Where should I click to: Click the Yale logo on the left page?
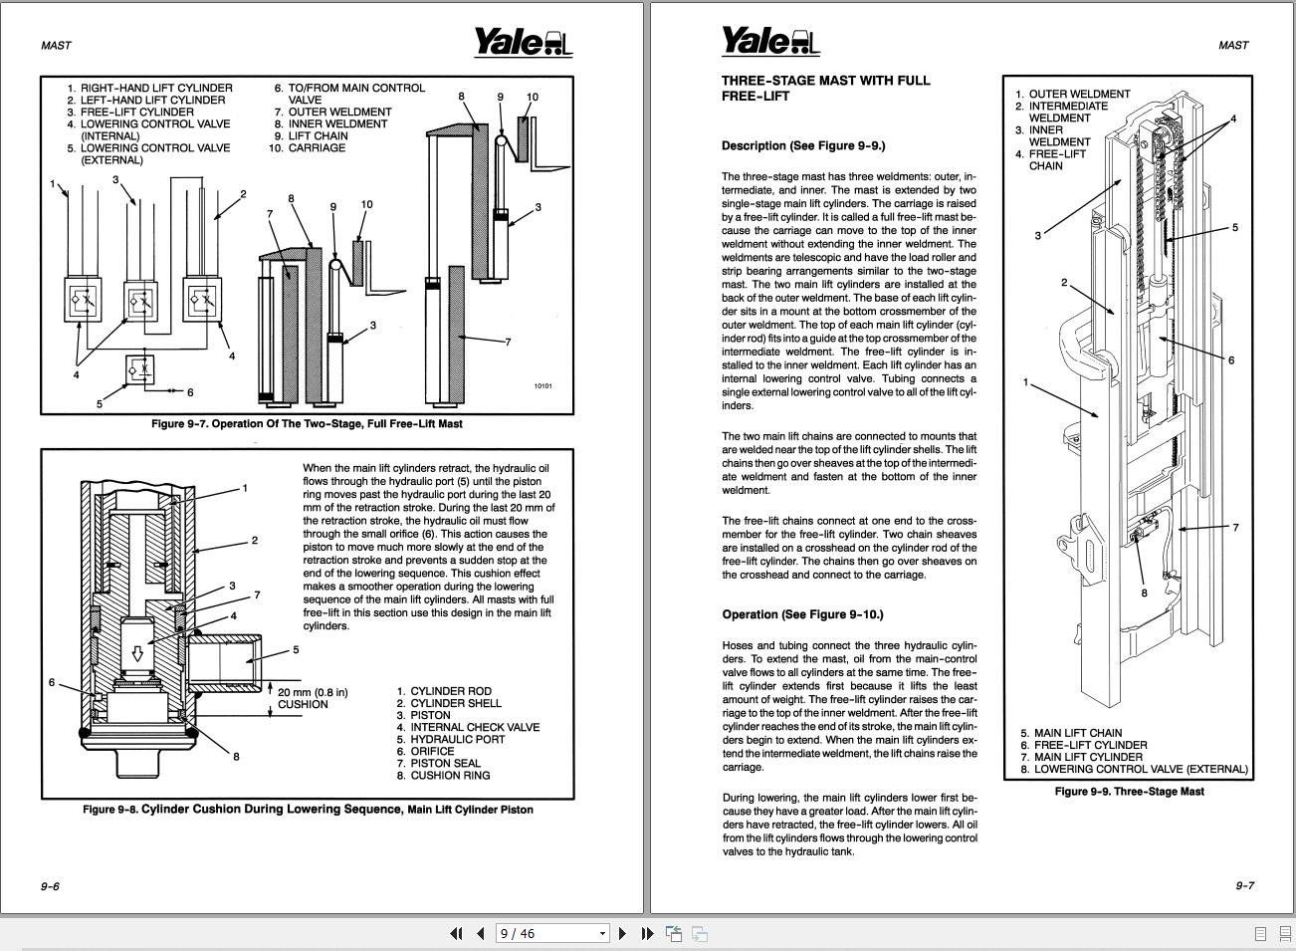coord(522,42)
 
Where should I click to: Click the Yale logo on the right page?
coord(769,42)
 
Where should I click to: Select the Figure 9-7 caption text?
coord(307,424)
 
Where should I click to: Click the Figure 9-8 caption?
coord(308,810)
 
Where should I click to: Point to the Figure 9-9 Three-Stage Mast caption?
coord(1129,792)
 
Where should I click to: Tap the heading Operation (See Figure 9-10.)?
coord(802,614)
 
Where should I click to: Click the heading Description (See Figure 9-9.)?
coord(802,145)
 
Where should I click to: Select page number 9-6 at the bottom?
coord(50,886)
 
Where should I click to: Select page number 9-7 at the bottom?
coord(1244,885)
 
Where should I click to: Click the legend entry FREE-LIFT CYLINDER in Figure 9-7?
coord(136,113)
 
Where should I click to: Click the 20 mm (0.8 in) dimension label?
coord(313,692)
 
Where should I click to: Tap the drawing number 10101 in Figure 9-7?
coord(542,386)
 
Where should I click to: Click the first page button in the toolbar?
coord(456,933)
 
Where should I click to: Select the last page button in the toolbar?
coord(647,933)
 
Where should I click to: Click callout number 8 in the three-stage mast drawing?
coord(1144,594)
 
